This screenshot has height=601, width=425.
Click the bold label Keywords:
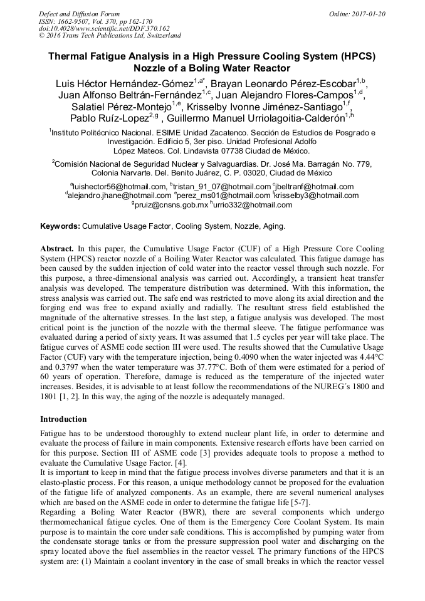pos(60,226)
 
